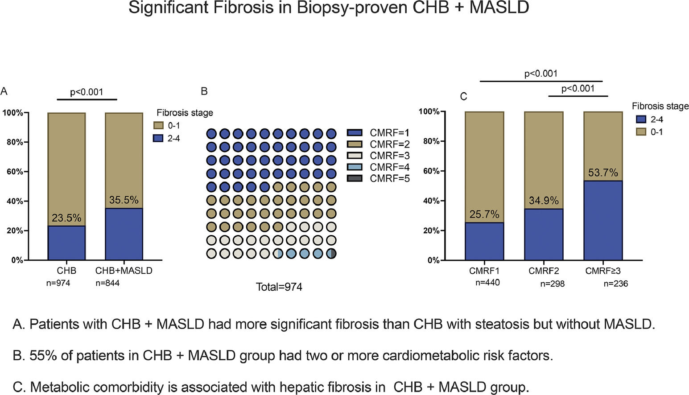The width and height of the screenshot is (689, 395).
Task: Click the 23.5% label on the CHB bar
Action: [x=66, y=218]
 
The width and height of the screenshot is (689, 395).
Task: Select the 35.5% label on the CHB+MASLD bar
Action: [x=124, y=200]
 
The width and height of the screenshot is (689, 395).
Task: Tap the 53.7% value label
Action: [x=603, y=173]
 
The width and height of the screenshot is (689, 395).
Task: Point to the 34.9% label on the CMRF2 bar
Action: [x=544, y=201]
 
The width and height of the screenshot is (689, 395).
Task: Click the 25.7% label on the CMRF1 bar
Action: [x=484, y=214]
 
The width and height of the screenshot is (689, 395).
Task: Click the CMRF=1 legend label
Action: [x=389, y=133]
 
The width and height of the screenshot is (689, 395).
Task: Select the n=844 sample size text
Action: [x=107, y=283]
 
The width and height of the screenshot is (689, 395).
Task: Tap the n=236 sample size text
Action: [x=615, y=284]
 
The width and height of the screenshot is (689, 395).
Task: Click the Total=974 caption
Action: [x=279, y=287]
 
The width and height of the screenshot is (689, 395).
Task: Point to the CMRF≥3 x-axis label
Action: [x=603, y=271]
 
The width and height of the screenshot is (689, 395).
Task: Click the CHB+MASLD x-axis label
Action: [x=124, y=271]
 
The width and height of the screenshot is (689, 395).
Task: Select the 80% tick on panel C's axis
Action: [x=431, y=141]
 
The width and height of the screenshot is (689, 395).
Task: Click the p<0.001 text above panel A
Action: [x=87, y=92]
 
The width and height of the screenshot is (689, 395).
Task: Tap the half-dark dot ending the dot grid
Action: [x=331, y=254]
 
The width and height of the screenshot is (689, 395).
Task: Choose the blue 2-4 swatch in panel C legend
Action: [x=641, y=119]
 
